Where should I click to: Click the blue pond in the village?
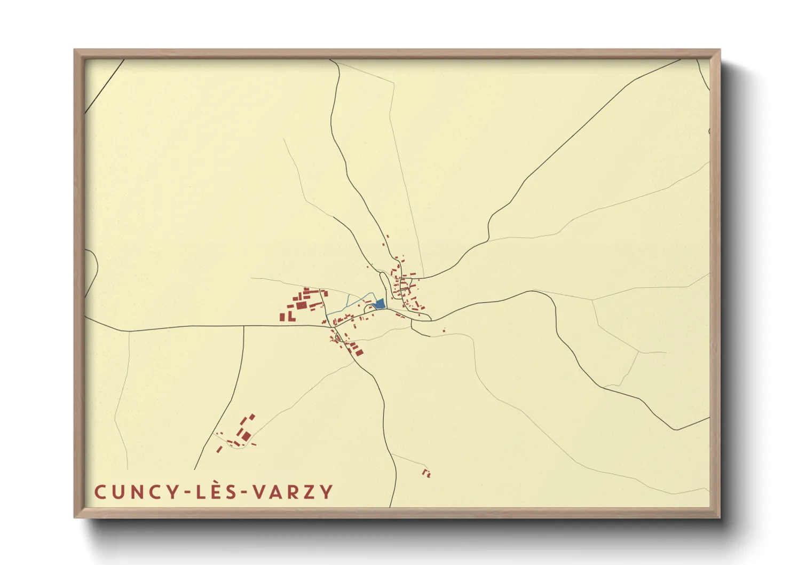[x=380, y=304]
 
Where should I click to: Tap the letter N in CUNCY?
[x=128, y=492]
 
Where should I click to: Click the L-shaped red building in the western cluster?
[x=291, y=317]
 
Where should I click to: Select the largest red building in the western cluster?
[x=301, y=305]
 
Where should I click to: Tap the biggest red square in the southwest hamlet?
[x=246, y=436]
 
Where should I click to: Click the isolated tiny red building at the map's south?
[x=426, y=473]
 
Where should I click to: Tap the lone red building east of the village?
[x=444, y=331]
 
